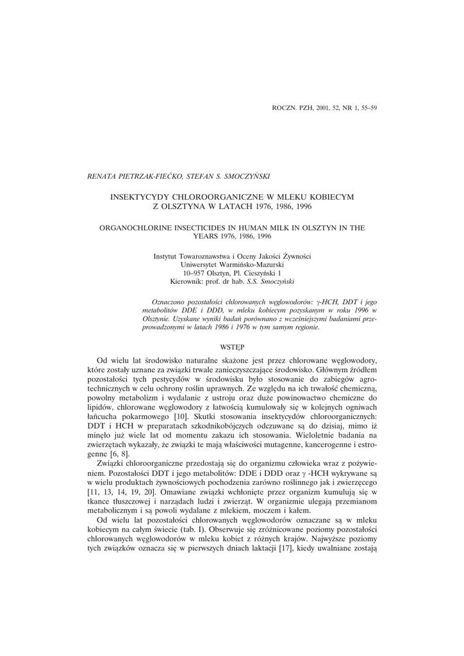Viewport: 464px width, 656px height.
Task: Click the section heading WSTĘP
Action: click(x=232, y=345)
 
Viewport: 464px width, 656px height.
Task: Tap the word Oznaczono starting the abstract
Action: click(x=167, y=300)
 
